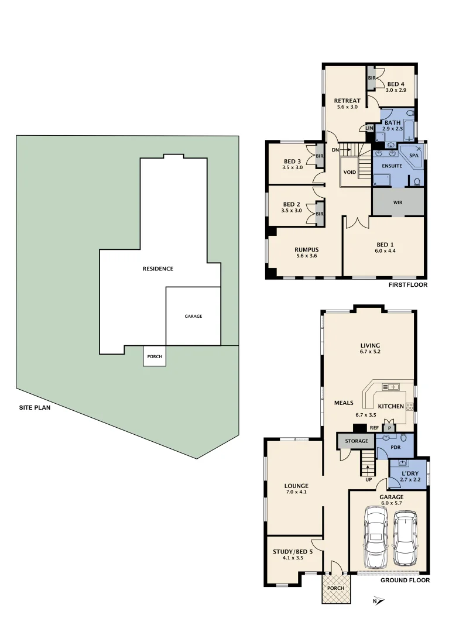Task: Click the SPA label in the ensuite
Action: tap(413, 156)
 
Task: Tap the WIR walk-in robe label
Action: tap(397, 203)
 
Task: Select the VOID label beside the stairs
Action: tap(349, 172)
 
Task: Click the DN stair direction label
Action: tap(335, 150)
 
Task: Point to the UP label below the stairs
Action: tap(368, 479)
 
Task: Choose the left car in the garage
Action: tap(376, 537)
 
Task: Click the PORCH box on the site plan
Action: tap(155, 356)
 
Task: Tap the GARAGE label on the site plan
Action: tap(193, 316)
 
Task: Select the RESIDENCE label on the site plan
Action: tap(158, 269)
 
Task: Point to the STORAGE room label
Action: tap(356, 441)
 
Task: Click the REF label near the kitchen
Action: tap(373, 427)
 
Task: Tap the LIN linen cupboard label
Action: tap(369, 128)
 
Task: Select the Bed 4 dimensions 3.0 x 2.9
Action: tap(396, 90)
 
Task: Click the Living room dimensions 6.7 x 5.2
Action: tap(370, 352)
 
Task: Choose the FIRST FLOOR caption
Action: tap(408, 285)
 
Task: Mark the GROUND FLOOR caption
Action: tap(405, 581)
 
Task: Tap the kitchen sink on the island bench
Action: tap(390, 387)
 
